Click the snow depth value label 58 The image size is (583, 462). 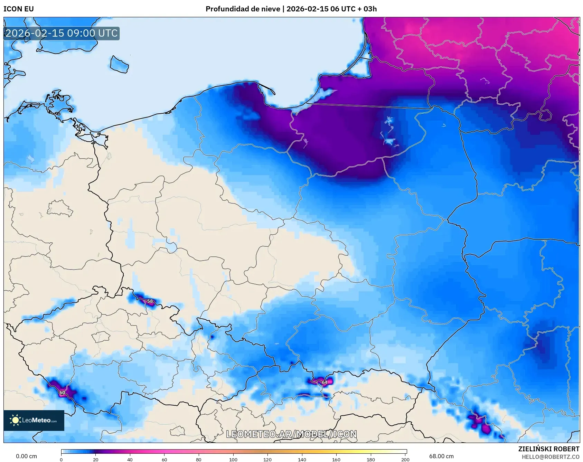pos(150,301)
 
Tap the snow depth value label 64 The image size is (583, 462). pos(325,382)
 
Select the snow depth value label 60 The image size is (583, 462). pos(62,393)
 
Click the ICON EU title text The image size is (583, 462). pos(19,9)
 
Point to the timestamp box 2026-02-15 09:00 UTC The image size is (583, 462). pos(62,33)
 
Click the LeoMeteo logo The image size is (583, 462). pos(34,420)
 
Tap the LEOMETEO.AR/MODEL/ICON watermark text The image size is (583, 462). pos(291,434)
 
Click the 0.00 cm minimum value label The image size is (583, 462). pos(26,456)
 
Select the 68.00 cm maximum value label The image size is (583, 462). pos(441,456)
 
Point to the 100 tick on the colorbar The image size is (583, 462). pos(233,459)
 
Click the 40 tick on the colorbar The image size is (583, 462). pos(130,459)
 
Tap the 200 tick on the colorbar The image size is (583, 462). pos(405,459)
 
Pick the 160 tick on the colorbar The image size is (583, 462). pos(336,459)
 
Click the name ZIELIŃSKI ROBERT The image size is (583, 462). pos(549,449)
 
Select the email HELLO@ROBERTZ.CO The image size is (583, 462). pos(550,457)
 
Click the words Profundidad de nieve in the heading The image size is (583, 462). pos(243,9)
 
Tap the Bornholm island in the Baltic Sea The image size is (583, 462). pos(119,65)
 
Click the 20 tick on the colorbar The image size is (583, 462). pos(96,459)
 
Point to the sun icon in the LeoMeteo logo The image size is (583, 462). pos(15,420)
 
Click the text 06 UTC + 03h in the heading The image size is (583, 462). pos(353,9)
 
